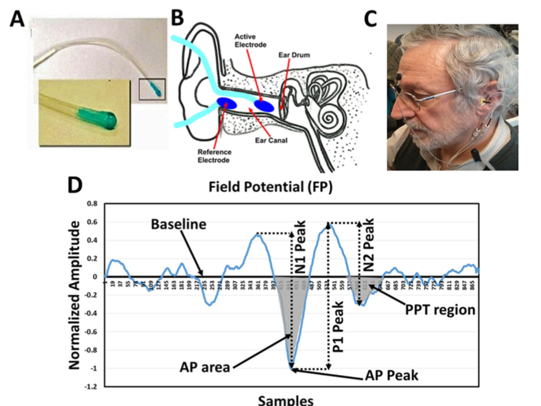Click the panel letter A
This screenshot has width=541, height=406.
click(18, 21)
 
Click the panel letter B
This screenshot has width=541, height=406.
click(178, 19)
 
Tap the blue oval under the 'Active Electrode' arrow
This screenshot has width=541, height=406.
click(264, 106)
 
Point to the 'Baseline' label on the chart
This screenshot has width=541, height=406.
click(179, 224)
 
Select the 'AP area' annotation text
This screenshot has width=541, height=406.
click(205, 368)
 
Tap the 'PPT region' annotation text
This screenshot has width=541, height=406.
click(440, 309)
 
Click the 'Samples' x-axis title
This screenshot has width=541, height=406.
click(286, 400)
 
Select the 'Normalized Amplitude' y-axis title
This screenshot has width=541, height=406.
click(76, 294)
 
